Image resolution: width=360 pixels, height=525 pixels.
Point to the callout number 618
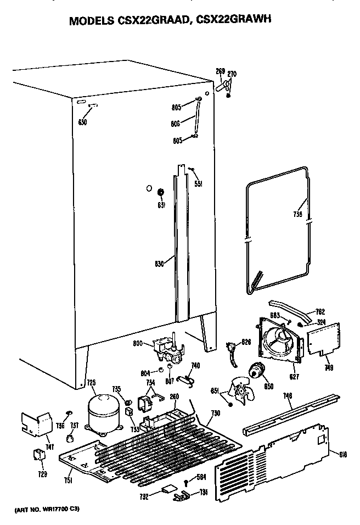pos(343,454)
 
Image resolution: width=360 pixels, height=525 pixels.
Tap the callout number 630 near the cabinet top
pos(82,122)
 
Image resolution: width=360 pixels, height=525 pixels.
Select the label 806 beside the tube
pos(176,124)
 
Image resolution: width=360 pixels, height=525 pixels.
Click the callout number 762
pos(320,312)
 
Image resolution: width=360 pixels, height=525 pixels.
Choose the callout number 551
pos(199,184)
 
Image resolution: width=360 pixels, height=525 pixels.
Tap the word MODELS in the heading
pos(91,21)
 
